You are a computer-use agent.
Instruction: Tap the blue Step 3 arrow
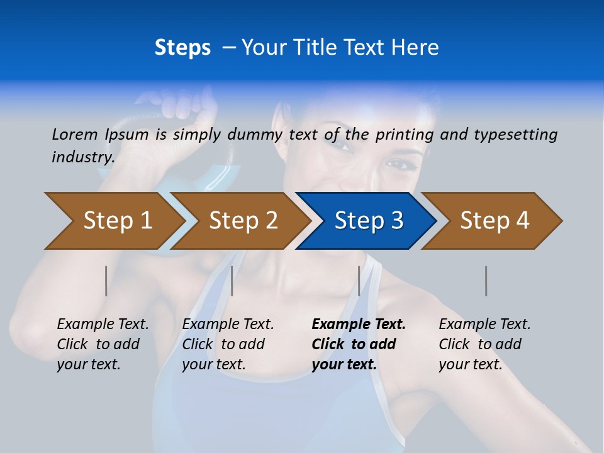click(368, 220)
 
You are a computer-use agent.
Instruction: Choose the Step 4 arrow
click(494, 220)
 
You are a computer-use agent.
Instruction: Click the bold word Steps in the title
click(182, 48)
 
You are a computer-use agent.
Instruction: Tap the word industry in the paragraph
click(82, 157)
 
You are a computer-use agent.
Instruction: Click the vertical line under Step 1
click(106, 281)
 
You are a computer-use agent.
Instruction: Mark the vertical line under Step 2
click(232, 281)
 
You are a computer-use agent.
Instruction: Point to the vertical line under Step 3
click(359, 281)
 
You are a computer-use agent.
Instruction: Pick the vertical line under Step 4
click(486, 281)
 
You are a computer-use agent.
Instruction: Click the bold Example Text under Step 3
click(359, 325)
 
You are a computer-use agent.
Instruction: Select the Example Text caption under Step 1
click(103, 325)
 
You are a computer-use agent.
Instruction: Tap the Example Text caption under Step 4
click(484, 325)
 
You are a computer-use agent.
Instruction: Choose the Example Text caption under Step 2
click(228, 325)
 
